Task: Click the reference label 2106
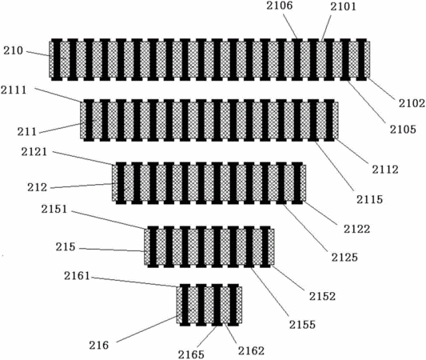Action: tap(279, 6)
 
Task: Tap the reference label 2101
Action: tap(343, 6)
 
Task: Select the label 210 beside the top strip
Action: tap(14, 50)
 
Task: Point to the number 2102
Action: tap(412, 103)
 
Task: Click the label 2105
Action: tap(403, 130)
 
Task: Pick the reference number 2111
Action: tap(14, 90)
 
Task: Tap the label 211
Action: tap(27, 132)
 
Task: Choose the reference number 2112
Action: tap(385, 170)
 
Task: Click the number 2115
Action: tap(369, 199)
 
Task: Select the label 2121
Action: tap(34, 152)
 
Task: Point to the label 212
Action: tap(38, 187)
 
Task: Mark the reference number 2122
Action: tap(356, 230)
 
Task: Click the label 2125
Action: tap(344, 258)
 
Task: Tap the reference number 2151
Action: tap(54, 209)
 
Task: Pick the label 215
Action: tap(66, 247)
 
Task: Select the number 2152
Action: tap(322, 296)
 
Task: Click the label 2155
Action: tap(302, 325)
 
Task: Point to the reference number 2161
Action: tap(77, 276)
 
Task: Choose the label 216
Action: tap(99, 346)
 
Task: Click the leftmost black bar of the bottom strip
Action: tap(185, 305)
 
